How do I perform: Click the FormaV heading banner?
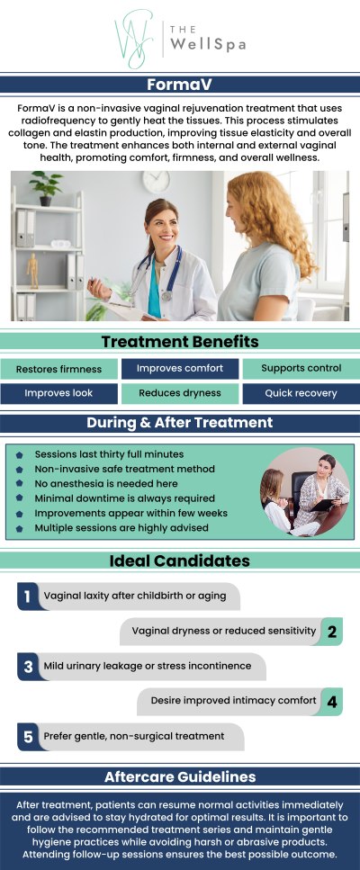[180, 85]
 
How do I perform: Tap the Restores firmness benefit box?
[58, 369]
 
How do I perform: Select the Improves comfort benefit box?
[180, 369]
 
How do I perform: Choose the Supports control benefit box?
[301, 369]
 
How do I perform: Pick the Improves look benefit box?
[58, 393]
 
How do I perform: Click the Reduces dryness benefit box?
[180, 393]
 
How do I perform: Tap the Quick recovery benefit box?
[301, 393]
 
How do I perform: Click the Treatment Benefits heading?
[180, 342]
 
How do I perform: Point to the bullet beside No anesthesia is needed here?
[20, 483]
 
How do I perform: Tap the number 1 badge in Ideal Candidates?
[28, 596]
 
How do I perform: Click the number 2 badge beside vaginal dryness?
[332, 632]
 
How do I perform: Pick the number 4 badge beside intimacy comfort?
[332, 701]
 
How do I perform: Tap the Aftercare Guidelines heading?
[180, 776]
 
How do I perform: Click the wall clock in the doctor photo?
[155, 182]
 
